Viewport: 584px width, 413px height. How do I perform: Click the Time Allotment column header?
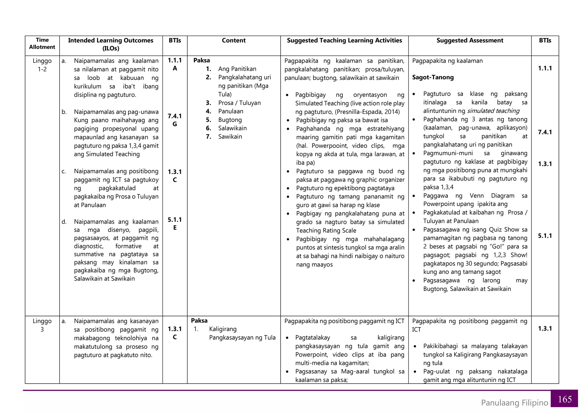pos(42,44)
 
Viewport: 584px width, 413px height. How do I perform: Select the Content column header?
pos(234,41)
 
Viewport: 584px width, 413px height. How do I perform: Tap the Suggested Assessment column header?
pos(470,41)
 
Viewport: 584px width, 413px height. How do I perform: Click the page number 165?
pos(565,399)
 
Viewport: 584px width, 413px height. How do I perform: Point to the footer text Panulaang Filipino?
pos(514,403)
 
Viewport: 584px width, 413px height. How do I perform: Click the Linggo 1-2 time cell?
pos(42,65)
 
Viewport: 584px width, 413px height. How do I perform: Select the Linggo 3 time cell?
pos(42,325)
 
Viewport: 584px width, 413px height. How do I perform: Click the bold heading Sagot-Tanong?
pos(433,77)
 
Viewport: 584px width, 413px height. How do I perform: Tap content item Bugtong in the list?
pos(230,120)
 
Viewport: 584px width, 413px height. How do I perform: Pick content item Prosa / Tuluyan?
pos(239,103)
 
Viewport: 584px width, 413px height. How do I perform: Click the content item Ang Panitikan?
pos(237,69)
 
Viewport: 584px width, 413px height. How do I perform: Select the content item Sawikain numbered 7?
pos(230,137)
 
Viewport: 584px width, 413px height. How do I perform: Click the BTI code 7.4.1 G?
pos(175,120)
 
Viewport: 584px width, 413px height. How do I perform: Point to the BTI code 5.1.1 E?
pos(175,224)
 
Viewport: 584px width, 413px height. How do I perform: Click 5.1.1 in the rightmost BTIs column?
pos(545,236)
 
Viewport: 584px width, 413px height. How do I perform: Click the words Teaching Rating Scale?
pos(326,230)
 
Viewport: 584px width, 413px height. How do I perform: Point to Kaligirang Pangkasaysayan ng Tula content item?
pos(242,333)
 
